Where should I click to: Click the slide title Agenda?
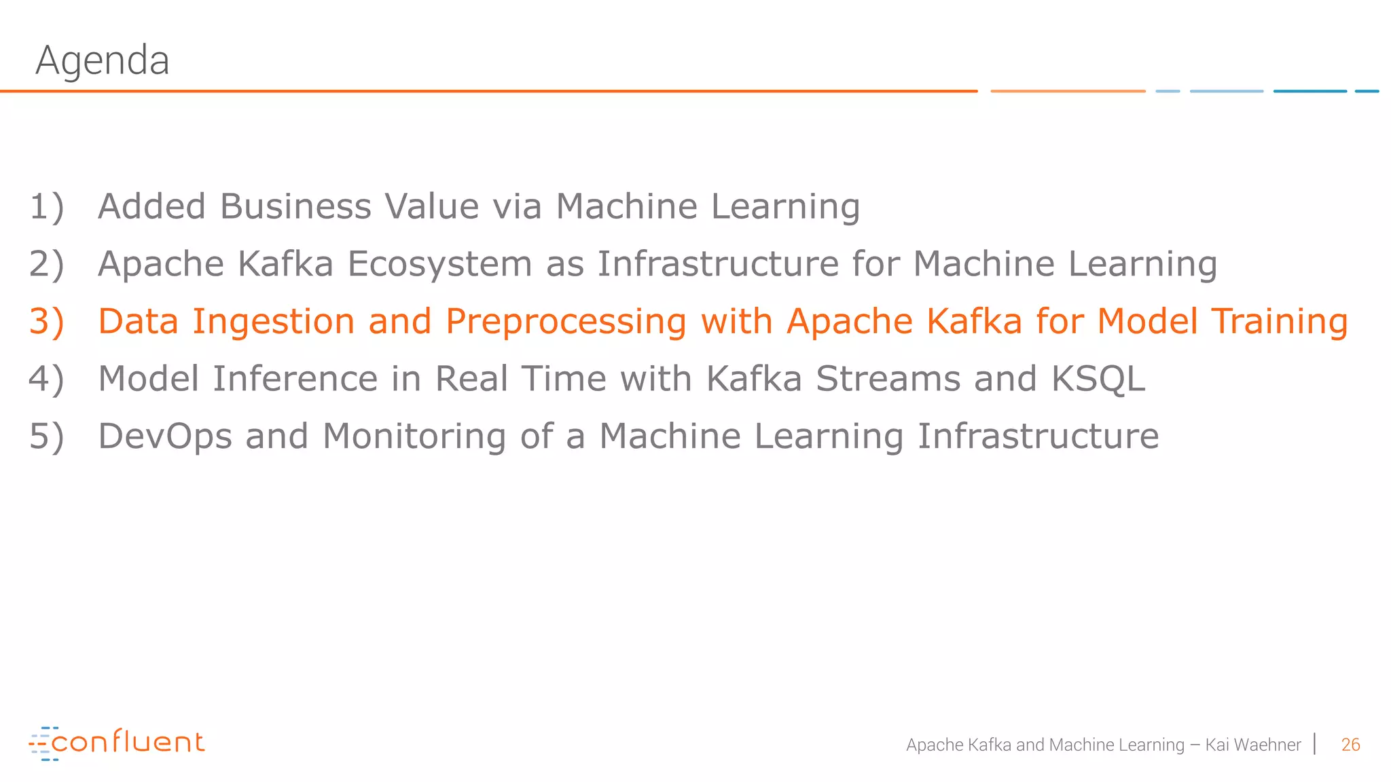102,60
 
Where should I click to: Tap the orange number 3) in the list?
46,321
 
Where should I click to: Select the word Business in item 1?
295,206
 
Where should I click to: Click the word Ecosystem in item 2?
439,264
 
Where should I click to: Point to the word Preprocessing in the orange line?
566,322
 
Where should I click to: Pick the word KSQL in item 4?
1098,379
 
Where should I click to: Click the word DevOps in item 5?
165,436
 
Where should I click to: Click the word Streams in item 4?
888,379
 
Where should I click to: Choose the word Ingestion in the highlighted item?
273,322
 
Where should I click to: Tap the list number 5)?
46,436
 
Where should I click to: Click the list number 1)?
46,206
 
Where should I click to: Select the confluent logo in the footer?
116,743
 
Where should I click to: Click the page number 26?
1350,745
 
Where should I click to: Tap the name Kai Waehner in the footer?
1252,745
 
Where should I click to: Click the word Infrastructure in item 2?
718,264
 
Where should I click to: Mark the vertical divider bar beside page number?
1316,744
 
